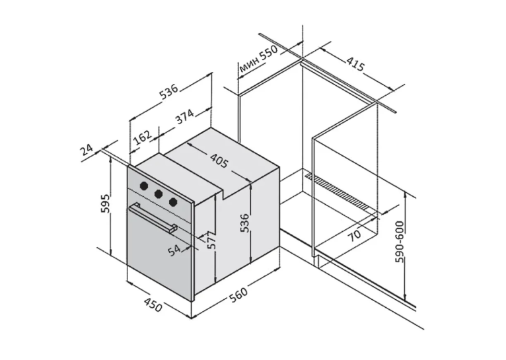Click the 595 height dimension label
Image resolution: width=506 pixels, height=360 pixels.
[x=106, y=204]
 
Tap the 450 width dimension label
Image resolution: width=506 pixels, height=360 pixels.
[x=153, y=305]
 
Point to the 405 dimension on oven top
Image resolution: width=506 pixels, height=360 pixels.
[x=219, y=161]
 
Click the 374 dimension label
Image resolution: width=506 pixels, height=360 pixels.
[x=185, y=117]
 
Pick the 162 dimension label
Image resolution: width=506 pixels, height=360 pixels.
[x=142, y=138]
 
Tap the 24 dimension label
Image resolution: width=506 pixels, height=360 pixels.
[x=86, y=150]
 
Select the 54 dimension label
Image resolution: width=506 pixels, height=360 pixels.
[x=174, y=250]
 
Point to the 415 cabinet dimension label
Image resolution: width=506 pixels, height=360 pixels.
[x=355, y=64]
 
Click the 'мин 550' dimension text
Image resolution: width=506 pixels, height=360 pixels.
[x=258, y=59]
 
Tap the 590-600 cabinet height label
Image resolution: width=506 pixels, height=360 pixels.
[x=400, y=242]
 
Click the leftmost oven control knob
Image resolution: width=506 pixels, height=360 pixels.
[x=143, y=186]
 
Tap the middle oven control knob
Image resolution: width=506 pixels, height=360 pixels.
[x=158, y=194]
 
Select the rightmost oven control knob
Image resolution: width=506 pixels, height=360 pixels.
[x=173, y=202]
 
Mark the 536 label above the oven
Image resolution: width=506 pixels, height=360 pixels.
[x=168, y=90]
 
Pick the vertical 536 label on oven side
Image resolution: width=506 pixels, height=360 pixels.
[x=244, y=223]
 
